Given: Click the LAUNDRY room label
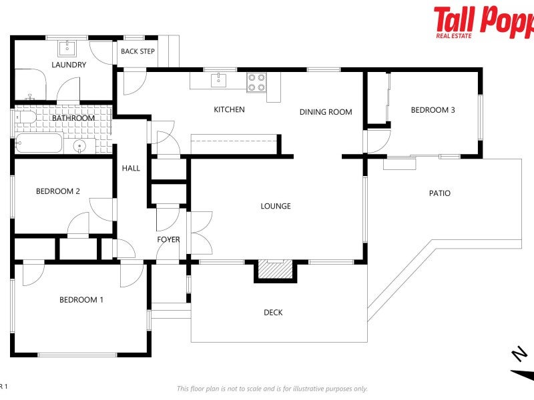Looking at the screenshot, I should (69, 65).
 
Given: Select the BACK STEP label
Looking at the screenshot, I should (138, 51).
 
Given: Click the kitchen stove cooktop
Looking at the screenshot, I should (256, 82).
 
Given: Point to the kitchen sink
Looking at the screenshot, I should (218, 81).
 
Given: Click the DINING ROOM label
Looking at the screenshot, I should (325, 112).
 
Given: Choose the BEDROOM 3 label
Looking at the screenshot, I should (433, 110).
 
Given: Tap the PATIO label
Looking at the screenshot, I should (439, 193).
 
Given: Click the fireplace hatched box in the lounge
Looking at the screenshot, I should (275, 269).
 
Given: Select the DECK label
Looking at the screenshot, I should (273, 312).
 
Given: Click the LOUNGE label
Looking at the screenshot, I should (276, 206).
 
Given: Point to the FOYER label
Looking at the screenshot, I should (168, 239).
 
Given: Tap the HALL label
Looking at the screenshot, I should (131, 168).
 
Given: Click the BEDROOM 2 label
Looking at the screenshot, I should (58, 191).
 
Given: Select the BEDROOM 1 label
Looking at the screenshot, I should (81, 300).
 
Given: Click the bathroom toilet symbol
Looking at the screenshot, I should (26, 118).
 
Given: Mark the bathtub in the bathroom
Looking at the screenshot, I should (39, 143).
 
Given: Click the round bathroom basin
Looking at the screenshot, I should (79, 146).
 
